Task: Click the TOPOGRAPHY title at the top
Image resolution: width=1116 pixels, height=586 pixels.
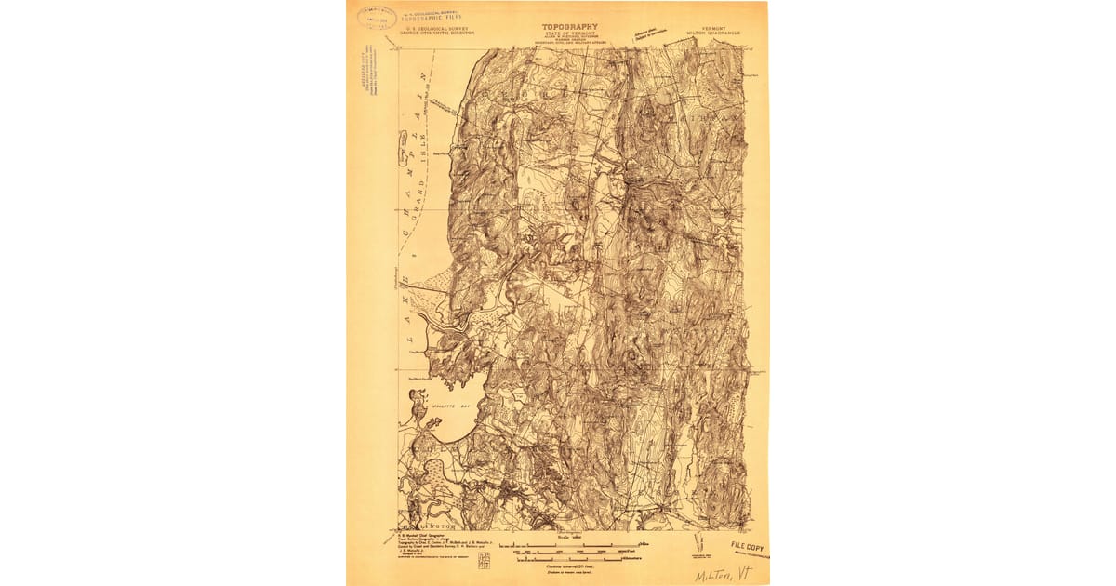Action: pos(570,28)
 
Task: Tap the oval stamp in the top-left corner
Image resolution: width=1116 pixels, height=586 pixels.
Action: pos(377,17)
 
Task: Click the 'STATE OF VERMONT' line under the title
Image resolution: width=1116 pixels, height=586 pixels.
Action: pos(570,35)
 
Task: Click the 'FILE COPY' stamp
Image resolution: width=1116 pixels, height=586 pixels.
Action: pos(747,546)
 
